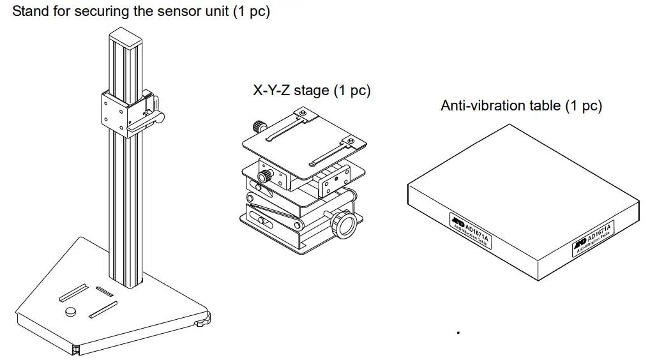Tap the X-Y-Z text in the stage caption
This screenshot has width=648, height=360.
tap(271, 91)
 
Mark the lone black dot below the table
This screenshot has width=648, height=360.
tap(458, 331)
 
